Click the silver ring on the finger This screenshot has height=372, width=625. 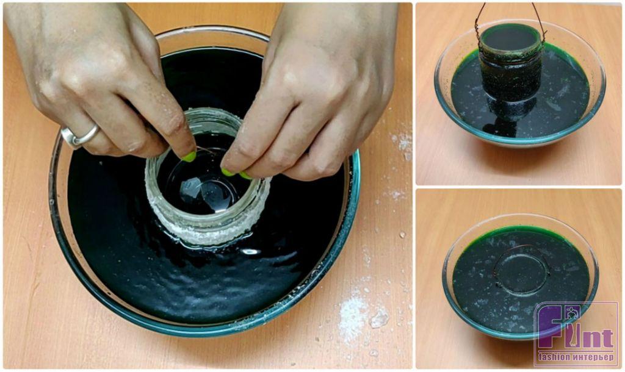point(80,137)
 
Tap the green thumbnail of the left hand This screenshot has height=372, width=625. point(189,157)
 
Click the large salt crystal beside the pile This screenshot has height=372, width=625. point(380,318)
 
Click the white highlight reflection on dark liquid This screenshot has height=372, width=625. point(250,251)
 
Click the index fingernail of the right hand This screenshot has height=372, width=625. point(228,172)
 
